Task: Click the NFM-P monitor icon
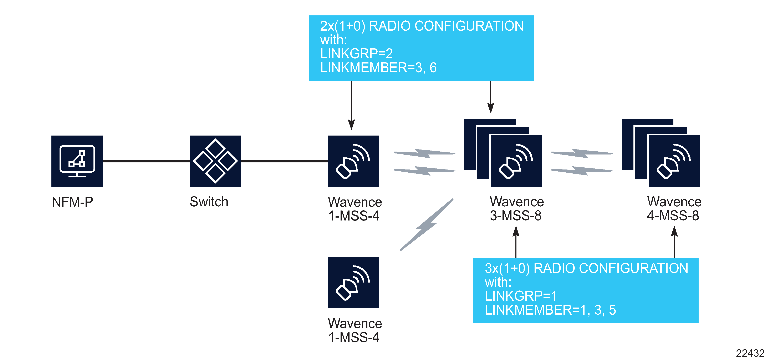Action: [x=77, y=161]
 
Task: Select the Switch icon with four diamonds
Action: [x=215, y=161]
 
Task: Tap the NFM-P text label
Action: [x=72, y=202]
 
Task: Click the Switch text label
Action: [x=209, y=202]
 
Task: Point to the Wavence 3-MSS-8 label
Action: [x=517, y=209]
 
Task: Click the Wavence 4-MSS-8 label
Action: [x=674, y=209]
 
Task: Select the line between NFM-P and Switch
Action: [x=146, y=161]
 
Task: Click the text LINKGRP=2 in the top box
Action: [x=356, y=54]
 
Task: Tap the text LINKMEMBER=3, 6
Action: [x=378, y=68]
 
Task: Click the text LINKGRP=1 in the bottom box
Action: [x=521, y=296]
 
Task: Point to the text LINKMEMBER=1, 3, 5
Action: [x=550, y=310]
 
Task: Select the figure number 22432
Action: [x=750, y=353]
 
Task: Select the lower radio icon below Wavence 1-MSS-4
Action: [x=353, y=283]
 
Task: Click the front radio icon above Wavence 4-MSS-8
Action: [x=674, y=161]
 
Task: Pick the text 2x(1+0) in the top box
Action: [x=342, y=26]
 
